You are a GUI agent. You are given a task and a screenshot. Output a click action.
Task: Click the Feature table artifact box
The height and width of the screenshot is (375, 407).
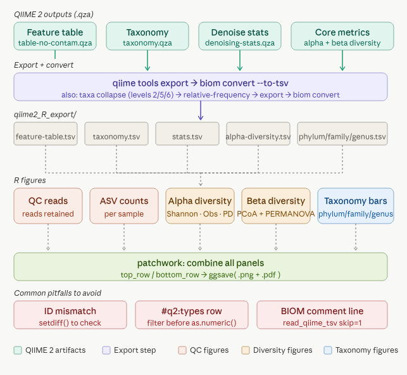click(55, 37)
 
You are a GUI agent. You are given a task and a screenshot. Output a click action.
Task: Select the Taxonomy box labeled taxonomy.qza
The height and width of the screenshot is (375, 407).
click(147, 37)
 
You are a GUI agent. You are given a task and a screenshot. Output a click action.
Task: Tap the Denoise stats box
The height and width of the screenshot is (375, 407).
click(240, 37)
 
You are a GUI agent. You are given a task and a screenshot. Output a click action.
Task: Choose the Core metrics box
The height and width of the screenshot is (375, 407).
click(342, 37)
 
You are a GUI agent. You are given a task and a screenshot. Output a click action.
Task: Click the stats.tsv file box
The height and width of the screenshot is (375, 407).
click(187, 136)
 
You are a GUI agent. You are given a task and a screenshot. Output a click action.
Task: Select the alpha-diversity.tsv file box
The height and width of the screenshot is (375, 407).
click(258, 136)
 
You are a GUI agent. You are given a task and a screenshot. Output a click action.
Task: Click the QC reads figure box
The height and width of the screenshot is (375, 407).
click(47, 207)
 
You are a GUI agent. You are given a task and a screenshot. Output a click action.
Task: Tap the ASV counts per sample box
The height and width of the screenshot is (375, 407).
click(123, 207)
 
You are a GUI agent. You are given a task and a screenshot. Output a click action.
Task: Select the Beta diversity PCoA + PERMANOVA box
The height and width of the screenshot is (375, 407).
click(275, 207)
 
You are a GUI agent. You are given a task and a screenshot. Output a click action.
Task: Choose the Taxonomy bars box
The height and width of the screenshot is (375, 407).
click(355, 207)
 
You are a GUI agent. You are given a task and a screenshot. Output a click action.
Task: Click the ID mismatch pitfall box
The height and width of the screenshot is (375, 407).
click(70, 315)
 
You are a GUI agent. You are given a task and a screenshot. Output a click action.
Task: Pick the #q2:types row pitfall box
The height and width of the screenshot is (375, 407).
click(193, 315)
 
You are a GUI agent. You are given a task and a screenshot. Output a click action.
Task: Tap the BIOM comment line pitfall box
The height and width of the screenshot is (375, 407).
click(322, 315)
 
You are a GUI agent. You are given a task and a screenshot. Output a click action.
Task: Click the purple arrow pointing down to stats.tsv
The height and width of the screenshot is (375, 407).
click(201, 111)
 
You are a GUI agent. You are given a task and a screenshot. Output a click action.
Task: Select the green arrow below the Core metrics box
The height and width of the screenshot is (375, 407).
click(342, 61)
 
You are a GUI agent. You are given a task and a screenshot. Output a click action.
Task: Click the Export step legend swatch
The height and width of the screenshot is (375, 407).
click(106, 350)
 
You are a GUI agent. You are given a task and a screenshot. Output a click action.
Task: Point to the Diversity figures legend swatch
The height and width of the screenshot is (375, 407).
click(245, 350)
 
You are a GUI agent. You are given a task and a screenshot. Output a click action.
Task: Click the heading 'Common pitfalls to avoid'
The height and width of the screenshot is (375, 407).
click(57, 293)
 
